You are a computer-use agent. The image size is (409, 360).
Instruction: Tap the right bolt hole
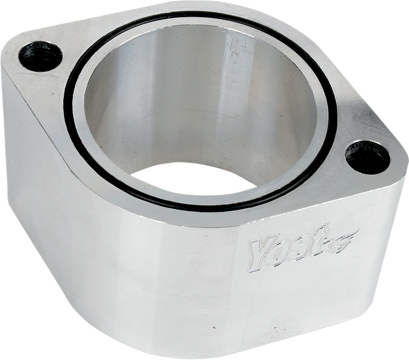pos(367,157)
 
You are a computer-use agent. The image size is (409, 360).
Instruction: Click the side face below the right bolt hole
pos(383,238)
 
